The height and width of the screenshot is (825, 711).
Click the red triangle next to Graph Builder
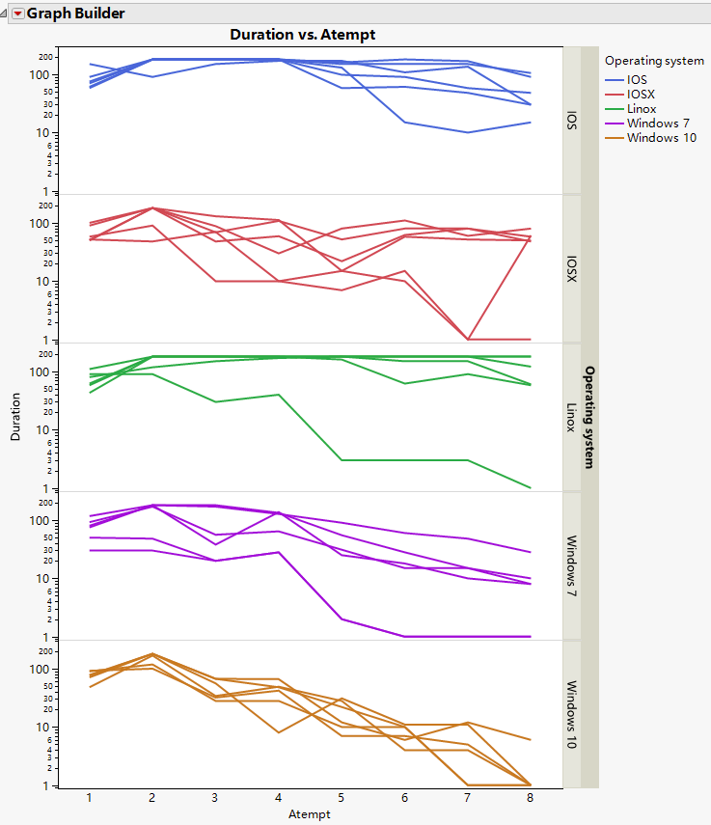tap(17, 14)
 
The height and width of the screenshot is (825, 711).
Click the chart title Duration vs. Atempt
tap(302, 34)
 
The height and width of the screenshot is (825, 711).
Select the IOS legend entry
tap(639, 80)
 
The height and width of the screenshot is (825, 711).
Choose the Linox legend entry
tap(643, 109)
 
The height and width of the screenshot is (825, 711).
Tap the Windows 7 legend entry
tap(657, 124)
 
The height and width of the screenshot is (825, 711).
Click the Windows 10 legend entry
tap(661, 138)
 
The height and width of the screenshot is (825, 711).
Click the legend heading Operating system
tap(654, 61)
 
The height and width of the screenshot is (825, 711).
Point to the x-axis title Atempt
tap(309, 814)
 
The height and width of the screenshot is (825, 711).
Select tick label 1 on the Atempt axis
tap(89, 799)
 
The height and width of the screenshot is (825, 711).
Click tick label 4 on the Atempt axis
tap(278, 799)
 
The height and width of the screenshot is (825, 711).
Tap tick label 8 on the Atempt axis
tap(530, 799)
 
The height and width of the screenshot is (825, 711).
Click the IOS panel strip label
tap(572, 119)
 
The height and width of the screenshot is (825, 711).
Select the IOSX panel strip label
tap(572, 268)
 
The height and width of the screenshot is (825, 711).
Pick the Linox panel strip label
tap(572, 417)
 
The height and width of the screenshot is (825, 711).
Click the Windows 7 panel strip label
tap(572, 565)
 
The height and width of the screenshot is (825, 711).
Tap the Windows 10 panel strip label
tap(572, 714)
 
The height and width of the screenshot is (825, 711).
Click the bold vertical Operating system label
tap(589, 416)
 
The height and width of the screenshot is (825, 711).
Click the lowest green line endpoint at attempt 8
tap(530, 488)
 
